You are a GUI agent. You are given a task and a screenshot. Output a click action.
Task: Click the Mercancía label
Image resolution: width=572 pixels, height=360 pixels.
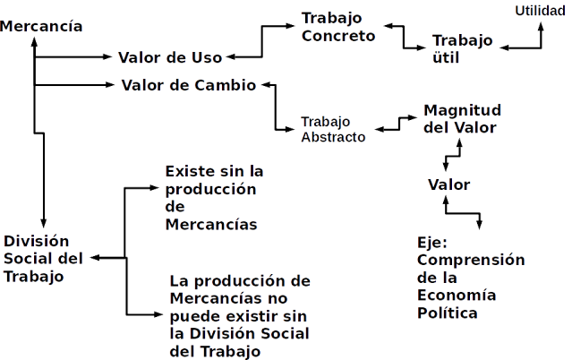(x=42, y=26)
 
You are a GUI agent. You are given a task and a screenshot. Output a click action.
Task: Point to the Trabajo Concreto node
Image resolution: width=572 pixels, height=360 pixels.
(x=338, y=28)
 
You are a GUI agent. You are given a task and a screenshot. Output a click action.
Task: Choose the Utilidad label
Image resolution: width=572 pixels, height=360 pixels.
(x=541, y=11)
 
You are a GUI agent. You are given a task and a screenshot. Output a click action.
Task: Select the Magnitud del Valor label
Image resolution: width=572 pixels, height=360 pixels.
(x=462, y=117)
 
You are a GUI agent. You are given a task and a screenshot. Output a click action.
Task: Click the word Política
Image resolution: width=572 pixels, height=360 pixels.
(x=448, y=314)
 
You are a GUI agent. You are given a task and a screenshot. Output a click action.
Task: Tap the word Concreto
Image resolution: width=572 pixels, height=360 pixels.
(x=338, y=36)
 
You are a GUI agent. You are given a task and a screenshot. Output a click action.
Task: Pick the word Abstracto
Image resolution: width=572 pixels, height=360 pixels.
(x=332, y=137)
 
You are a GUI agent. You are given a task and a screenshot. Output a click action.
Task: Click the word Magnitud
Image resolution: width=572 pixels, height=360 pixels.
(x=462, y=109)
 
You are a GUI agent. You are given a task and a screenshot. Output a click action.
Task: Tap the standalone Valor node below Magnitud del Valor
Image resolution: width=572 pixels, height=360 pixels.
(x=448, y=184)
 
